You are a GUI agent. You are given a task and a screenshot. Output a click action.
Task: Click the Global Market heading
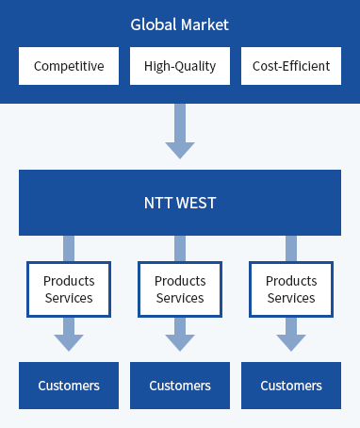pos(179,24)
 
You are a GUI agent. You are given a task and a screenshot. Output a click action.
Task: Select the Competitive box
pos(69,66)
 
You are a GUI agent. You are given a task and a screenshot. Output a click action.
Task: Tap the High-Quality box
pos(180,66)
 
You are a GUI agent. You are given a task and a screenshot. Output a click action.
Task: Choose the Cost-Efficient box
pos(291,66)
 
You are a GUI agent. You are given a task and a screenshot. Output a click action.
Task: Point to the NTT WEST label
pos(179,203)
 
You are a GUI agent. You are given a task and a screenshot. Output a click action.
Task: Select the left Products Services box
pos(69,289)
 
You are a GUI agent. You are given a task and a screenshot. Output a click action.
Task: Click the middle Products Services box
pos(180,289)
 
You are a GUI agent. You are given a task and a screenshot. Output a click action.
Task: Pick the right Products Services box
pos(291,289)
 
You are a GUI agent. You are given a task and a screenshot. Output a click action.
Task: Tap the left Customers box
pos(69,386)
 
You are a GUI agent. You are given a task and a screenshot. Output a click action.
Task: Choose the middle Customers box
pos(180,386)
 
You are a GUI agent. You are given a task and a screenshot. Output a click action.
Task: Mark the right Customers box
pos(291,386)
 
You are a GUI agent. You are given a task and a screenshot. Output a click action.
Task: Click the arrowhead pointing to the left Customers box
pos(69,340)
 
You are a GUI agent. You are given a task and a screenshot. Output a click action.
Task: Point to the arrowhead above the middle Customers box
pos(180,340)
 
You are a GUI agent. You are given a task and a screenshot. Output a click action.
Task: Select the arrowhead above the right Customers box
pos(291,340)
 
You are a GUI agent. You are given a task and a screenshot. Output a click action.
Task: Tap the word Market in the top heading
pos(205,24)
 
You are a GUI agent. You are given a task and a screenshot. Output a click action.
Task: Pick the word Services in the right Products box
pos(291,298)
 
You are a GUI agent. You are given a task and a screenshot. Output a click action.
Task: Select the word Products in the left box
pos(69,281)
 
